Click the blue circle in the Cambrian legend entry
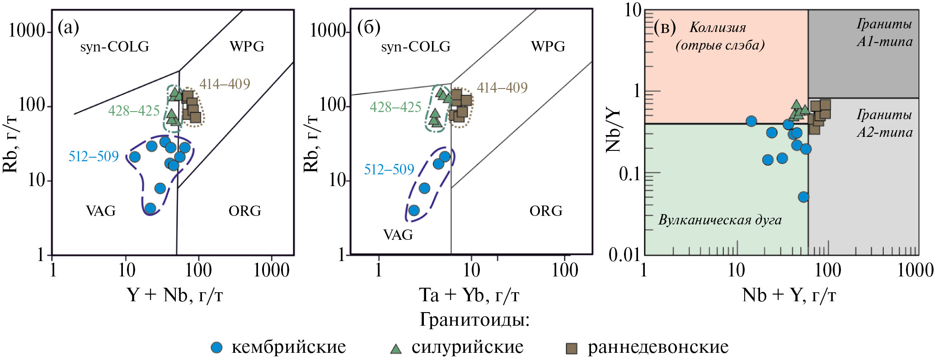click(217, 347)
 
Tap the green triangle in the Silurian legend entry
click(396, 348)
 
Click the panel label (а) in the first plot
click(68, 28)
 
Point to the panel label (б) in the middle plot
click(369, 28)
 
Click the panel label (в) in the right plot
click(665, 28)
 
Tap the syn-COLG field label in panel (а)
click(114, 47)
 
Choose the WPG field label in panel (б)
click(548, 47)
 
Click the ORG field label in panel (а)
click(244, 211)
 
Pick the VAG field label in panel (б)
click(398, 235)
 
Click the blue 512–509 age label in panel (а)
click(94, 156)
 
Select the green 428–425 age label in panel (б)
click(395, 107)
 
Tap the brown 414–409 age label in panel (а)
click(225, 84)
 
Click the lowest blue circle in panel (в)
click(803, 197)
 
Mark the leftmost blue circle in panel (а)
click(135, 157)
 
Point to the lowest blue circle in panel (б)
click(414, 210)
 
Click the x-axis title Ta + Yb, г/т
click(469, 295)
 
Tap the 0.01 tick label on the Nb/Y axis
click(624, 255)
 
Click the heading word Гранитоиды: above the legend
click(474, 320)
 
